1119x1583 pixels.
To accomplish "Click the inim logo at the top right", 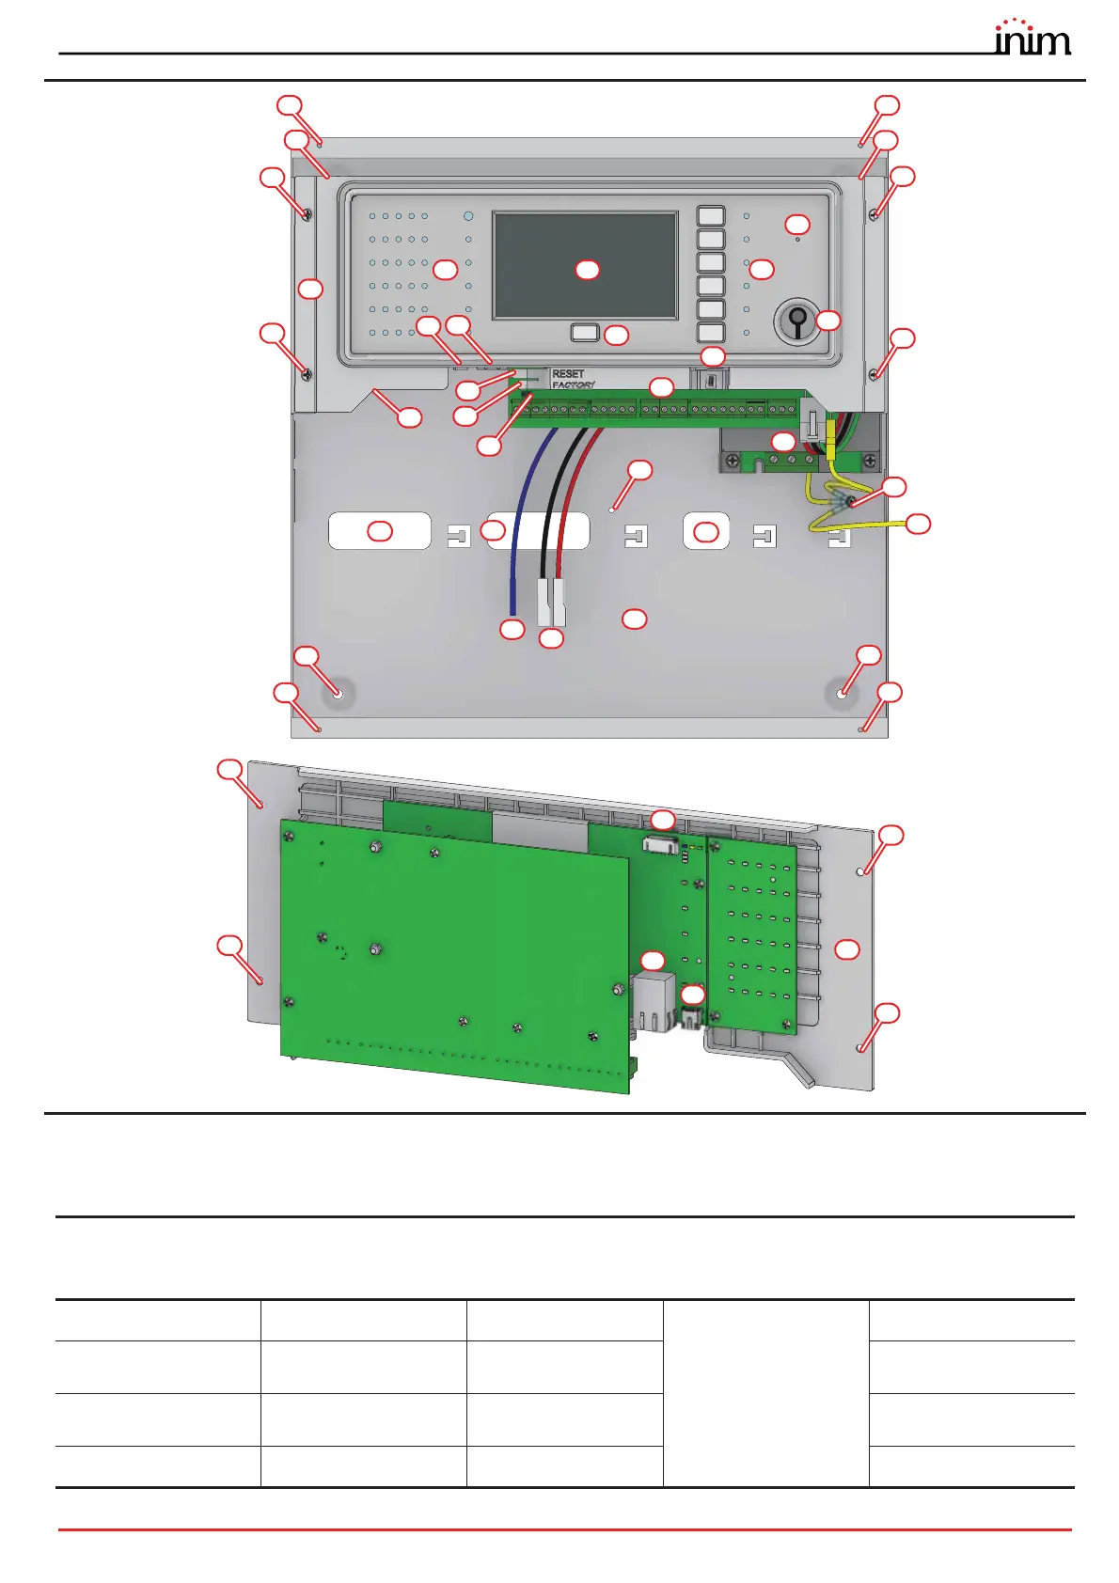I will [x=1032, y=39].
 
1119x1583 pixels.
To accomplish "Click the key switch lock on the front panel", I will [x=796, y=321].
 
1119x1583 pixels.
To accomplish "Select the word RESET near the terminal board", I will [x=568, y=373].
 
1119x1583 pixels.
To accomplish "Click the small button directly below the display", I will [x=584, y=332].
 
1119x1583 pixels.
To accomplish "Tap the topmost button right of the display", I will [x=711, y=215].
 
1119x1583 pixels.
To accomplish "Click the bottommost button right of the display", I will [x=711, y=332].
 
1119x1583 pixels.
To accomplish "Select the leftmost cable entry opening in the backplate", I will [x=379, y=531].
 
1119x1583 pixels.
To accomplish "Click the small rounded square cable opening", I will [x=705, y=531].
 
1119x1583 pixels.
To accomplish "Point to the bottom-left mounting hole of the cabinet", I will [x=338, y=694].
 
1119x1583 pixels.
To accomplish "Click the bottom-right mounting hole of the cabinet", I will [x=842, y=694].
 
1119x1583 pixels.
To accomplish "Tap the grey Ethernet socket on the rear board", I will [x=654, y=1002].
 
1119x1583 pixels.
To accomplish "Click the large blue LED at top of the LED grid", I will [x=468, y=215].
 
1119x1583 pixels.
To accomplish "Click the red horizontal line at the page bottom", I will [x=564, y=1529].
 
